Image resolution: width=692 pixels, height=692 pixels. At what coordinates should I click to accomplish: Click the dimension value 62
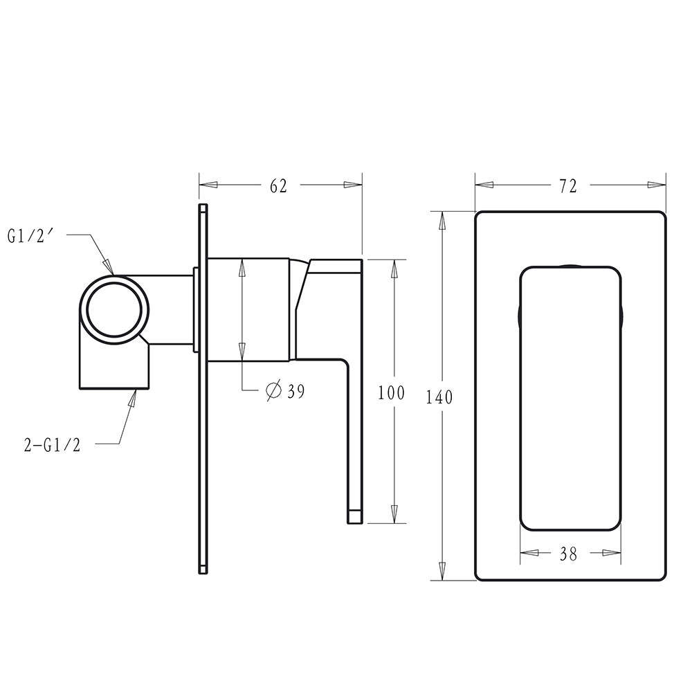pos(278,185)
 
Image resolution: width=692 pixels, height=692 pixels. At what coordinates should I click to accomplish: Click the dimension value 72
pos(568,186)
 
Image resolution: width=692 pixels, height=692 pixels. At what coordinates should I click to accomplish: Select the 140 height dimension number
pos(439,397)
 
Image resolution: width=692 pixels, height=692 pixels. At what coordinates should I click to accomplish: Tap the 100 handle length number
pos(391,392)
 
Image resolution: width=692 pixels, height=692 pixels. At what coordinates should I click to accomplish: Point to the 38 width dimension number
pos(568,554)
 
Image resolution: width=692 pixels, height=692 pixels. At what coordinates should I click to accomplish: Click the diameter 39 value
pos(295,391)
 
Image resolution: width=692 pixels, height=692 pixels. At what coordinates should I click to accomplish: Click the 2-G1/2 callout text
pos(52,445)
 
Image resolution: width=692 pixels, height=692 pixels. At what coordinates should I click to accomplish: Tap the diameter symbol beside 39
pos(273,390)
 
